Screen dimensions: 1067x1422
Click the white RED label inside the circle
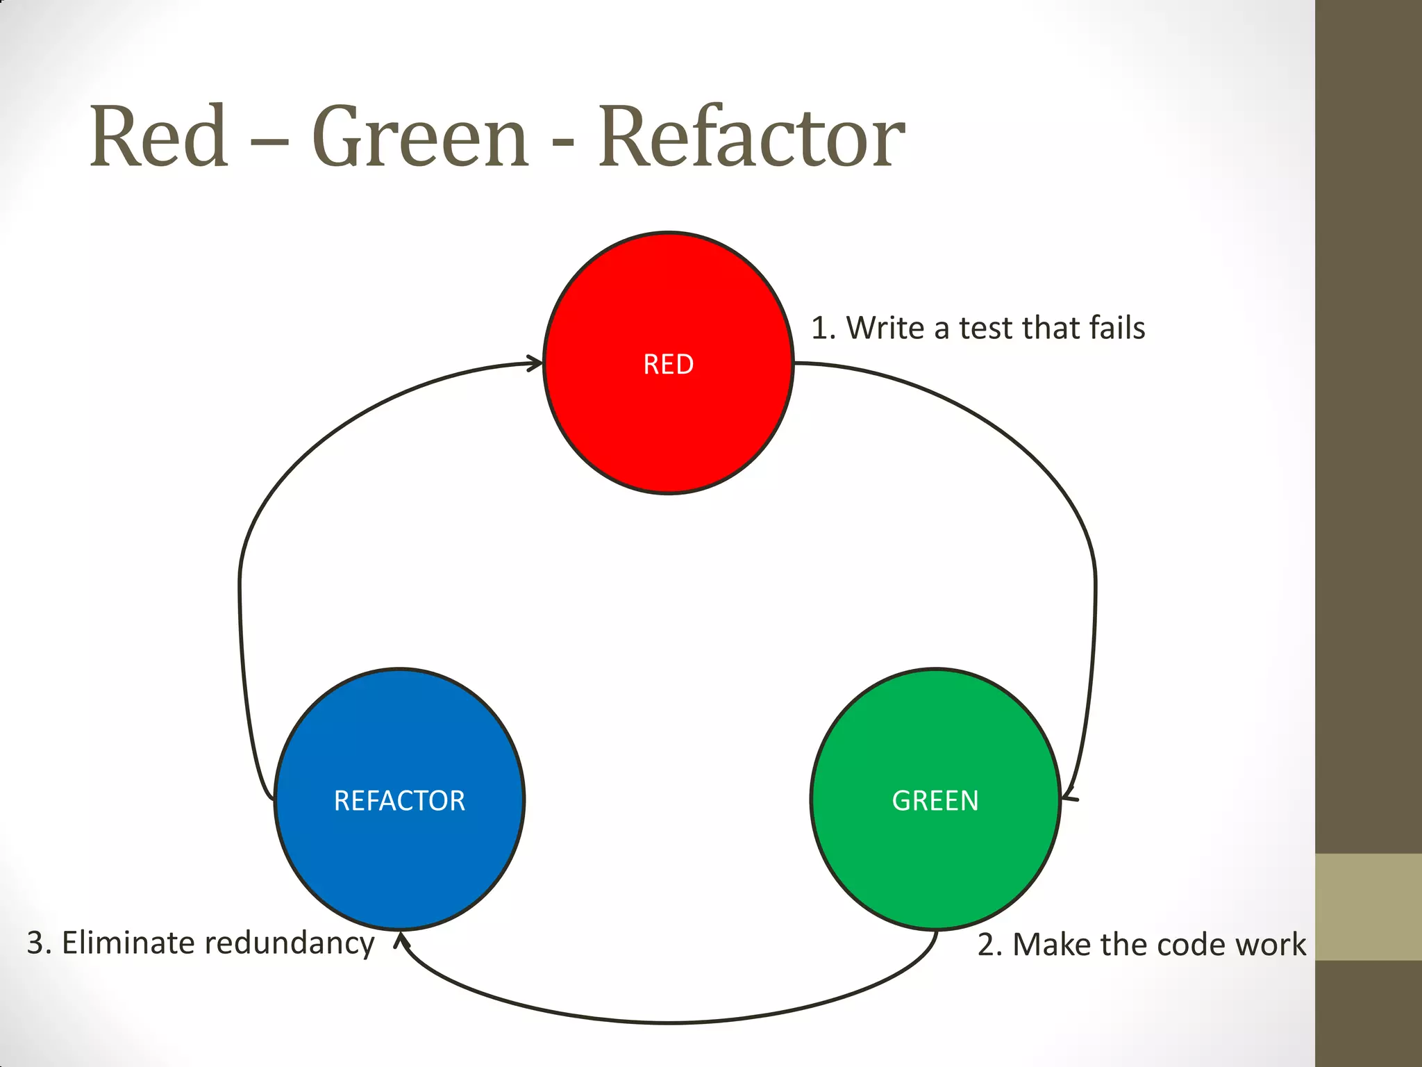pos(668,365)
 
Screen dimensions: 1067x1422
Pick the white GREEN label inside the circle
pos(935,801)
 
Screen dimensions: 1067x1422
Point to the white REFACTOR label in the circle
pos(399,801)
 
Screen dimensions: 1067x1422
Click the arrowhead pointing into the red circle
pos(535,363)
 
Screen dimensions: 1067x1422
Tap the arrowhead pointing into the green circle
pos(1069,794)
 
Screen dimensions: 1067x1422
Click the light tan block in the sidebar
pos(1369,907)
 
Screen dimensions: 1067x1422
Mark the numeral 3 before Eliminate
pos(35,943)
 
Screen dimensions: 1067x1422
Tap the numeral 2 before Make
pos(987,945)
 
